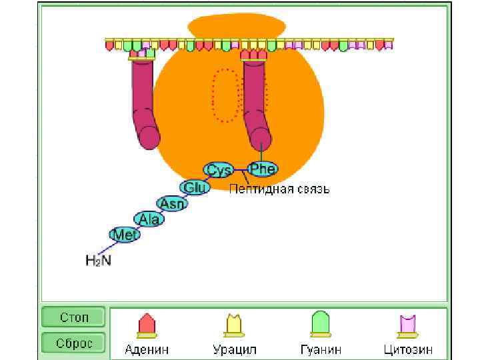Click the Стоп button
[73, 317]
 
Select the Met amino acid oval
[125, 235]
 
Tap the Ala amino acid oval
[149, 219]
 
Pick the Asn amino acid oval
[172, 203]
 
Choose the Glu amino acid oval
[195, 187]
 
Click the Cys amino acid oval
[219, 170]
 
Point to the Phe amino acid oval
[263, 169]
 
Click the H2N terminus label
[99, 260]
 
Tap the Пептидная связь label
[279, 189]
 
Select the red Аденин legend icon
[147, 325]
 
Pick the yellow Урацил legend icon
[233, 325]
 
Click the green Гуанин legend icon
[320, 325]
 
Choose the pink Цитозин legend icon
[407, 325]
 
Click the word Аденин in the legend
[147, 349]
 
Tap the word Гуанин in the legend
[320, 349]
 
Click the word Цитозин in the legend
[408, 349]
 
